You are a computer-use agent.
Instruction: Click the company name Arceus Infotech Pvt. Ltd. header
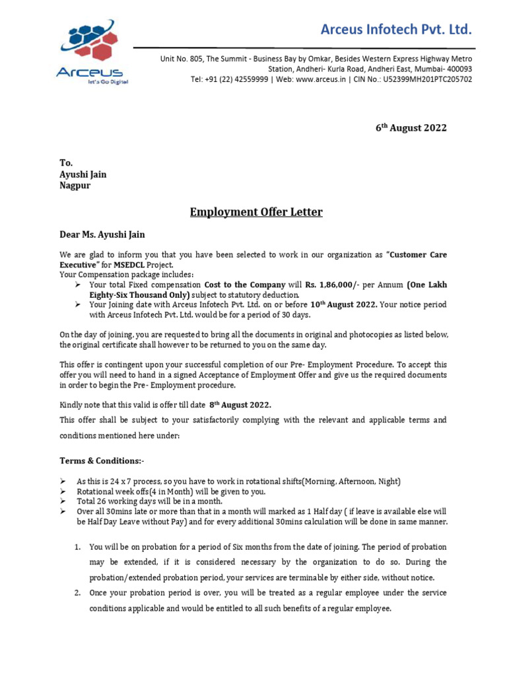click(x=396, y=29)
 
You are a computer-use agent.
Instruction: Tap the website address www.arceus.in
click(x=321, y=79)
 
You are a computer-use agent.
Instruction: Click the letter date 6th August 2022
click(x=411, y=127)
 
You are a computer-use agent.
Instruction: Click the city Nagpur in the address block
click(x=75, y=186)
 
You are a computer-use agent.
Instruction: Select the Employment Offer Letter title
click(x=256, y=212)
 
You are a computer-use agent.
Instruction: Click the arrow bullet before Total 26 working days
click(x=63, y=502)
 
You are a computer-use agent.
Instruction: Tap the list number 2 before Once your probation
click(x=77, y=593)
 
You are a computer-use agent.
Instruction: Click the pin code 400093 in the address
click(x=457, y=69)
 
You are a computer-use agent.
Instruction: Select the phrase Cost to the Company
click(x=245, y=285)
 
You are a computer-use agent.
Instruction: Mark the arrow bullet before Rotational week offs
click(x=63, y=492)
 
